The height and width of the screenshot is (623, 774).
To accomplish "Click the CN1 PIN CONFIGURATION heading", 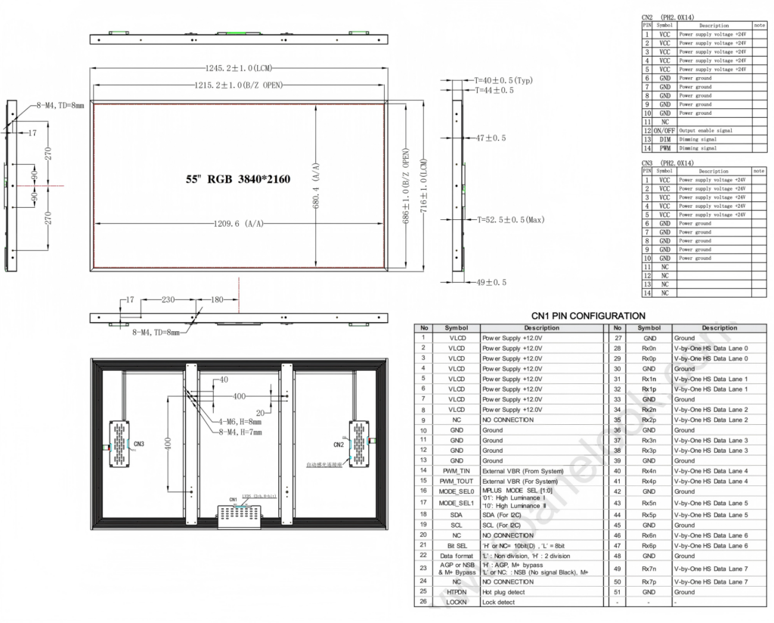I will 588,315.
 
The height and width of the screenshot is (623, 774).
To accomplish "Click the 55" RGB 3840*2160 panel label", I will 238,180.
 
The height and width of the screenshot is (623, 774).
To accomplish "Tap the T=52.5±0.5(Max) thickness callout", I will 510,220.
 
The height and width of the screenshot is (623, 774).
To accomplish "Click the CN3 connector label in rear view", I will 138,443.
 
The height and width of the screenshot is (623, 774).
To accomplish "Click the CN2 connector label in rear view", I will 338,444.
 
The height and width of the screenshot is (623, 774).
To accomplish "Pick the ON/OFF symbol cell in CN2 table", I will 664,131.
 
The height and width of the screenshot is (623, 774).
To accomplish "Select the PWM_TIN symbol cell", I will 457,470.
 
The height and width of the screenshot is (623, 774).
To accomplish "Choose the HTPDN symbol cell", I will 457,592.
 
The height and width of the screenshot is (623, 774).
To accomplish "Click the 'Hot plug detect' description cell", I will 542,592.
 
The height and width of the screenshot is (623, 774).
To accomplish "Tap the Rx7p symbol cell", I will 649,582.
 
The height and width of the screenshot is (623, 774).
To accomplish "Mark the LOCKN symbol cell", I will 457,602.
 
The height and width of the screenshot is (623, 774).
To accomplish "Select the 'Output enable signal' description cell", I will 714,131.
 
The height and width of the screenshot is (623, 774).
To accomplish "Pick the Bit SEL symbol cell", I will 457,545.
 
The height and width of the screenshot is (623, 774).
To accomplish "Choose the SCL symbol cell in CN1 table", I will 457,525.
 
